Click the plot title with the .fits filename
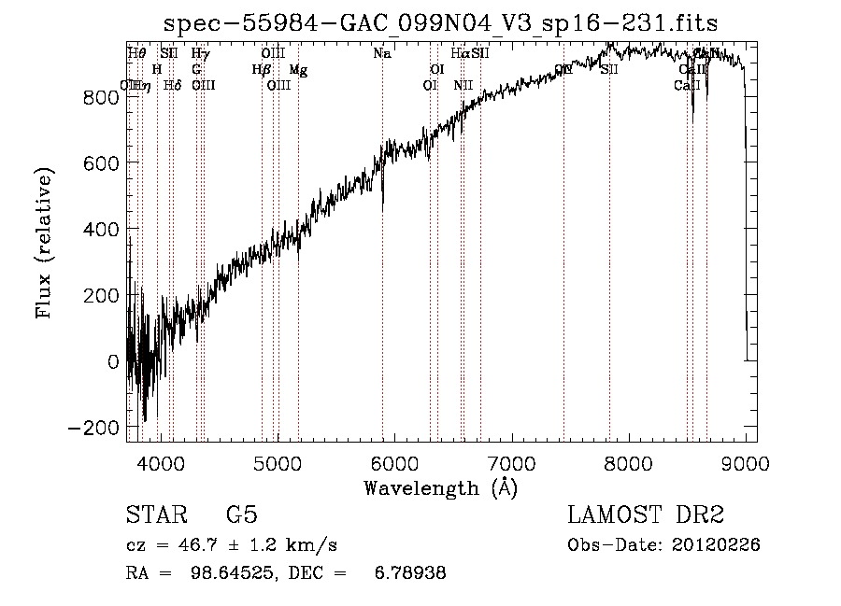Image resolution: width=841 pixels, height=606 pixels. [441, 22]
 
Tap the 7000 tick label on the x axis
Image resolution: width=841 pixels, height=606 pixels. [512, 461]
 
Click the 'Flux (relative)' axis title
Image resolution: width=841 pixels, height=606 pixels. [45, 242]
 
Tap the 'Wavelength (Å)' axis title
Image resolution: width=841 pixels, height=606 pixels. [441, 487]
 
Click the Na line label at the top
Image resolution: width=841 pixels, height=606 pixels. [381, 54]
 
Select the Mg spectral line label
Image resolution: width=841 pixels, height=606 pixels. [298, 70]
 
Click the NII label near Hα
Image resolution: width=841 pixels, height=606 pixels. [463, 86]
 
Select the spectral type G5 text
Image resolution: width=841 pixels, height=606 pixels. [241, 515]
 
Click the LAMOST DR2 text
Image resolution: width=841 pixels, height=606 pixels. [646, 515]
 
